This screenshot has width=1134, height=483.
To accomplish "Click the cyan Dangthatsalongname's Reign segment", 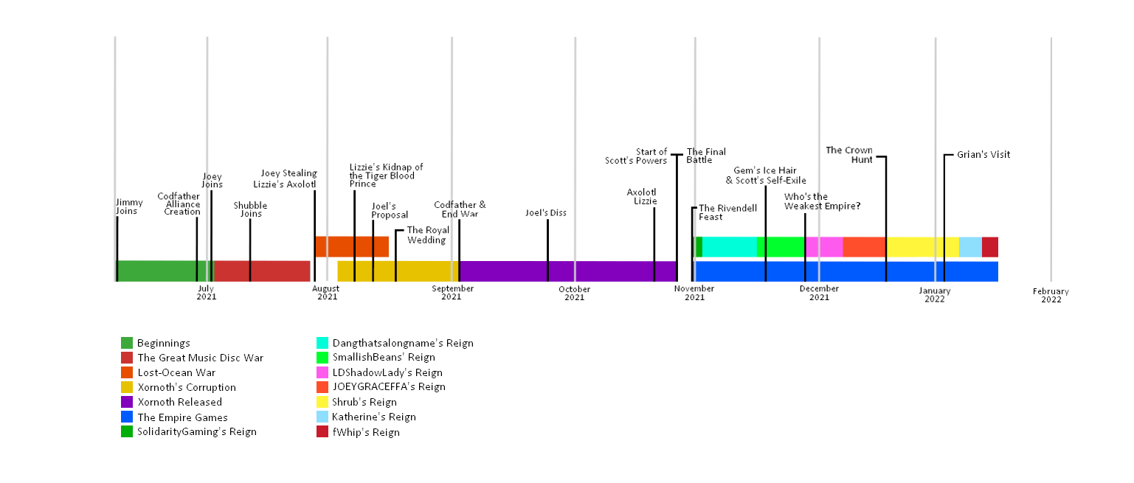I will coord(729,246).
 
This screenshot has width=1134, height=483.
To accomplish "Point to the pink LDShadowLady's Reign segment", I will coord(824,246).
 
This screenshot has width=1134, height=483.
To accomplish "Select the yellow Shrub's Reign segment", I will coord(922,246).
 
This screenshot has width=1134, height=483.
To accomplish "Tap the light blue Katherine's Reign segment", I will coord(969,246).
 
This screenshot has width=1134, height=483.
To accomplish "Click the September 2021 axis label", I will coord(452,293).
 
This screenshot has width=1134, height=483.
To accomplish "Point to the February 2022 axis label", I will coord(1051,295).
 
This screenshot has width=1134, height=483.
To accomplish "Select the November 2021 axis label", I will coord(694,293).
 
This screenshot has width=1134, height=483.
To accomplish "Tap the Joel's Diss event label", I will coord(545,213).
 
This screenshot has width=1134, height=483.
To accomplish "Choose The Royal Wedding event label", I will coord(428,234).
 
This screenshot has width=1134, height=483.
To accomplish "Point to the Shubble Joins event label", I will coord(250,209).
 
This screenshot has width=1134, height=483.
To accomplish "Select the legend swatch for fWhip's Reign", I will coord(322,432).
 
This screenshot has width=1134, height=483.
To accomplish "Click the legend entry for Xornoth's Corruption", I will coord(187,387).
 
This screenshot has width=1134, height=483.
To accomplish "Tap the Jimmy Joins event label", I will coord(129,206).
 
